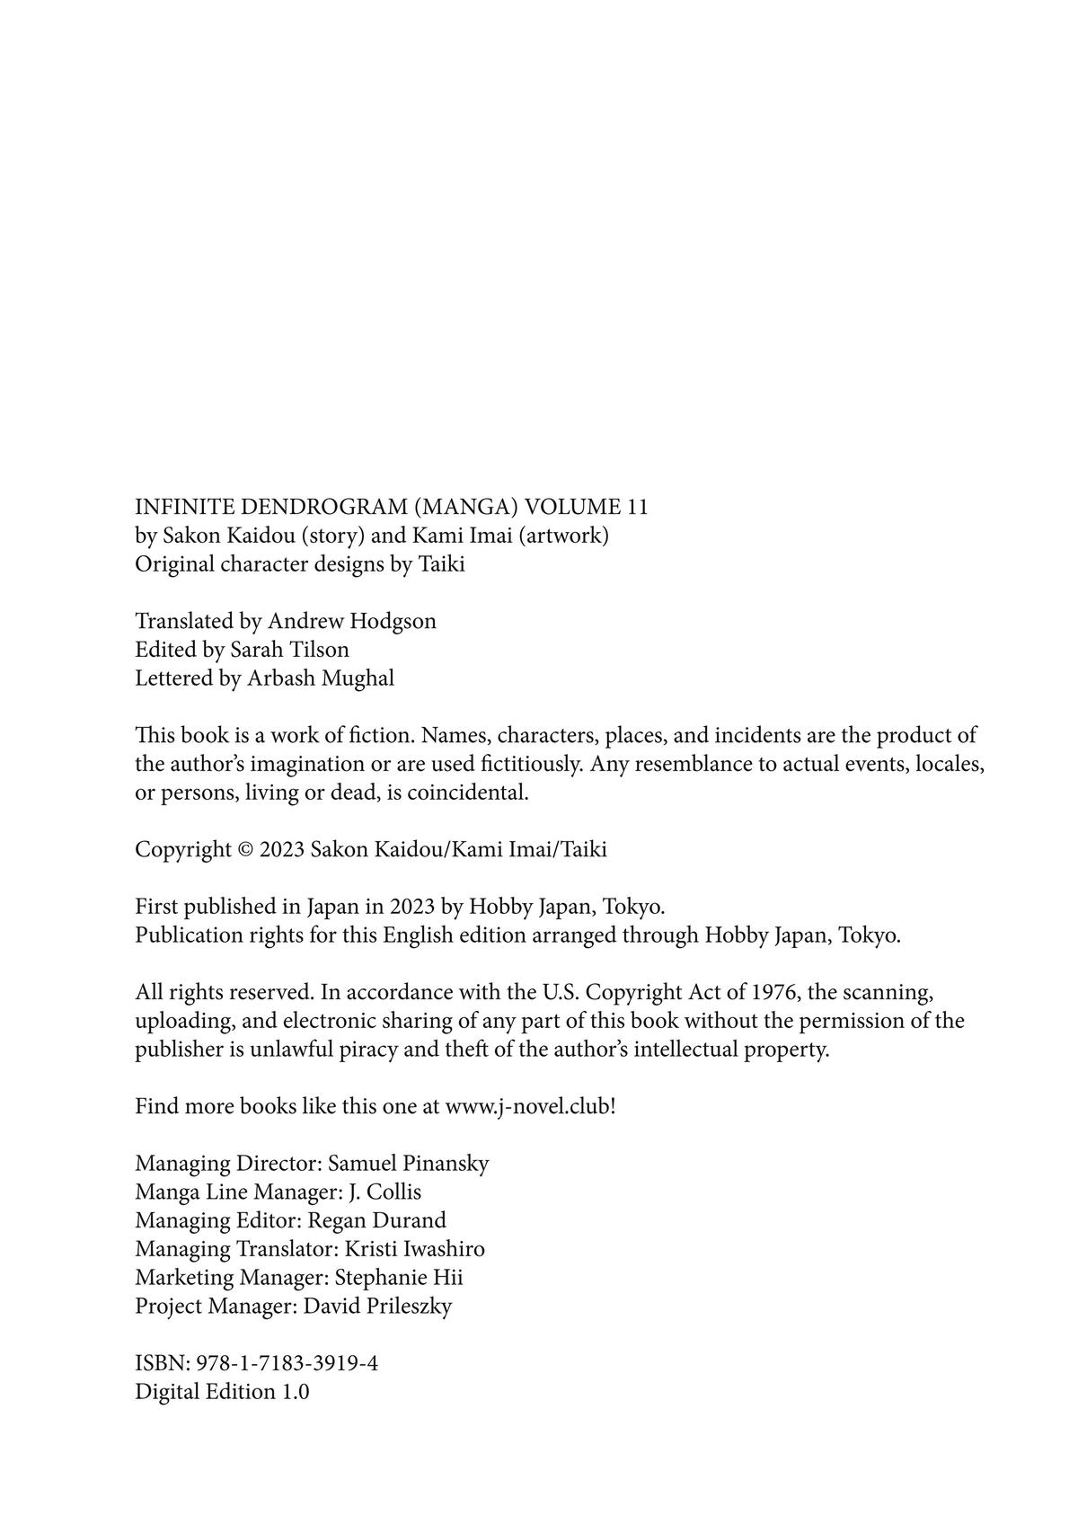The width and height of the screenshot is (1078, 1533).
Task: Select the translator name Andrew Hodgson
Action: pos(352,621)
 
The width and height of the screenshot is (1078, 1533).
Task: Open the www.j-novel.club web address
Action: pos(529,1106)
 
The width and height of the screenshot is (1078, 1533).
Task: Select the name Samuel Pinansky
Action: pos(408,1164)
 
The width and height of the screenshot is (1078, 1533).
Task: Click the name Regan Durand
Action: pos(376,1220)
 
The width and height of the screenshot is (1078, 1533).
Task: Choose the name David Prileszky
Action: pos(377,1307)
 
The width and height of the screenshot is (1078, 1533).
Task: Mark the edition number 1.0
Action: pos(296,1392)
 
